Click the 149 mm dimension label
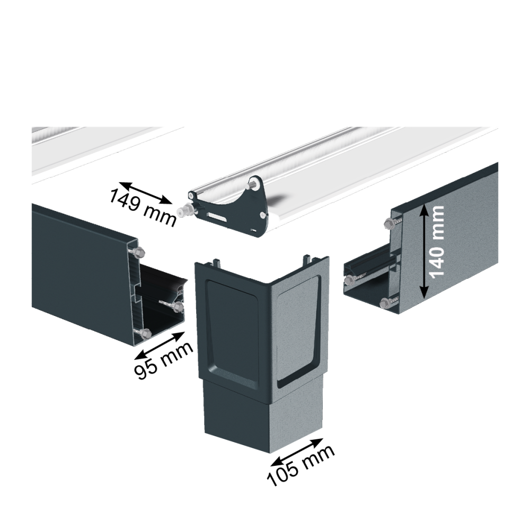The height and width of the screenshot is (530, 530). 143,207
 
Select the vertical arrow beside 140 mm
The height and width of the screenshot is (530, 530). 425,252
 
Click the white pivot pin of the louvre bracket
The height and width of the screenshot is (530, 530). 183,212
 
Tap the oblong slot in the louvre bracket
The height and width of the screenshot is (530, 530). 216,218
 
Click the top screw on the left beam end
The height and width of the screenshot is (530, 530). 138,251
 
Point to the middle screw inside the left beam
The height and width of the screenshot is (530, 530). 177,307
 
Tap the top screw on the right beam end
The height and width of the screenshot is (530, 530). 388,223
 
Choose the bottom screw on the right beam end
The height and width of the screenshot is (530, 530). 385,303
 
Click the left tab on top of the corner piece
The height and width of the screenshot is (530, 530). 216,262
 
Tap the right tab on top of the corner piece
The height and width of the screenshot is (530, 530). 307,259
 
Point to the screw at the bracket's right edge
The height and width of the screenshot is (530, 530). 263,214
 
